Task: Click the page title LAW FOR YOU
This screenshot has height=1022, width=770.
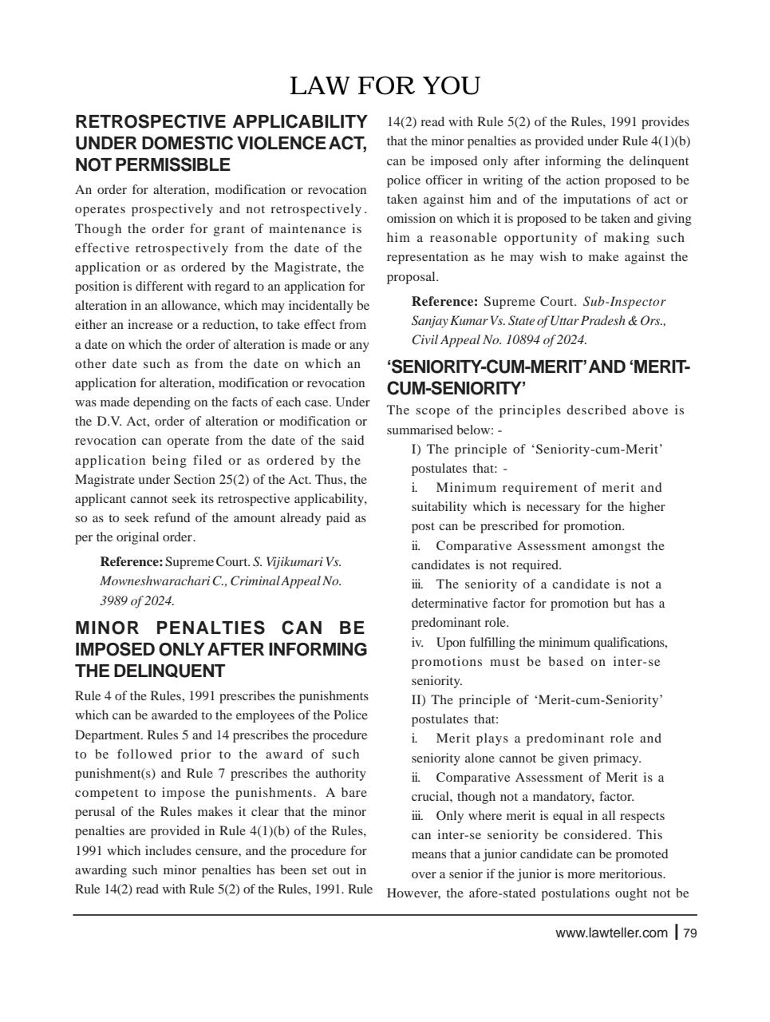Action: pos(384,85)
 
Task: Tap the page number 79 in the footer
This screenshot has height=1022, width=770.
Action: pos(690,933)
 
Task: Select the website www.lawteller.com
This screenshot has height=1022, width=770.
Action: pos(611,933)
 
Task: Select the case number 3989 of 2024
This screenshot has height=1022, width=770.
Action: pos(136,600)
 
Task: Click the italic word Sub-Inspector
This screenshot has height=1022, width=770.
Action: pos(624,302)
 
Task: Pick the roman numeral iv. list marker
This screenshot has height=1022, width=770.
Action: pos(417,643)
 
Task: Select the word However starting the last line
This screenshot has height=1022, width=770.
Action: pos(413,893)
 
